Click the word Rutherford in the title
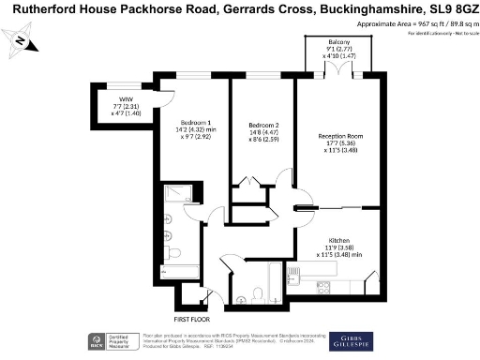click(39, 9)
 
